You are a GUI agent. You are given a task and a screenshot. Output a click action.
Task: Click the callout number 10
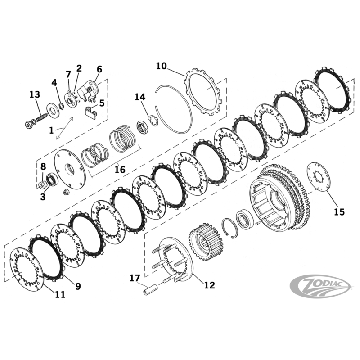point(162,66)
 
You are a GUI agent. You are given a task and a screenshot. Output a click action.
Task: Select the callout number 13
point(35,95)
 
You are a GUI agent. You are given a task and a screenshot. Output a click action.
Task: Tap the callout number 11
point(60,295)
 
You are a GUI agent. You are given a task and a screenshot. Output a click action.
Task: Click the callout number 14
point(140,97)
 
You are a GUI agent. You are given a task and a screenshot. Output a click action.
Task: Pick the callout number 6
point(99,69)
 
